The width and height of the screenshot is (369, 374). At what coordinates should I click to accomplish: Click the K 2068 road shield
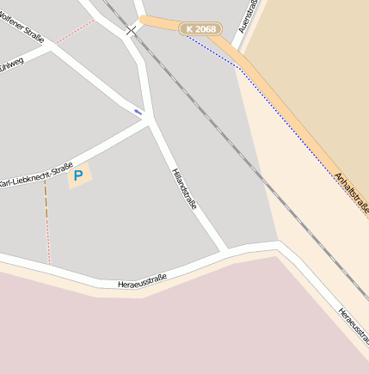point(200,29)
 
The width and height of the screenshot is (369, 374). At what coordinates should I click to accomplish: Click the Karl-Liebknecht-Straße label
point(35,175)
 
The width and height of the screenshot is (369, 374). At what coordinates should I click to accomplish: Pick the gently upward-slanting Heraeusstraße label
point(142,279)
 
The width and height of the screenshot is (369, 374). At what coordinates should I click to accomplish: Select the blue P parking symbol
point(78,176)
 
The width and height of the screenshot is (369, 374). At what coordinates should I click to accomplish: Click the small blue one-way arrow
point(138,111)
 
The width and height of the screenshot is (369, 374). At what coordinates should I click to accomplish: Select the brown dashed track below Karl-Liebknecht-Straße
point(45,201)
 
